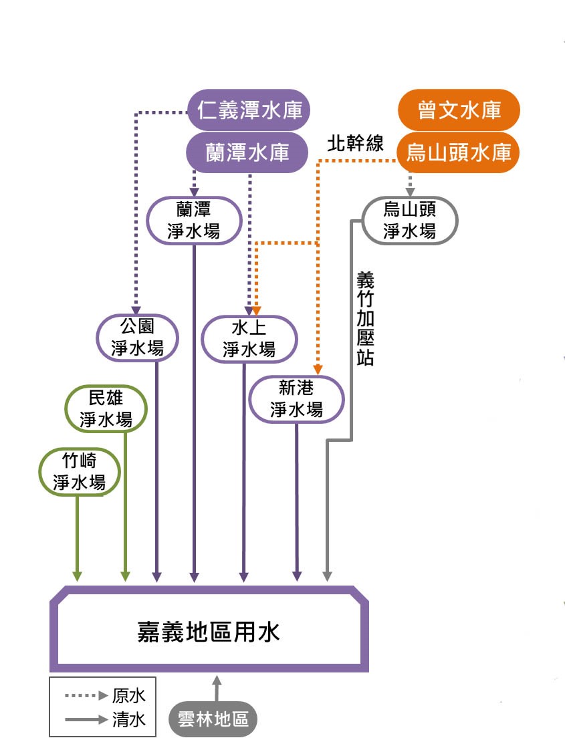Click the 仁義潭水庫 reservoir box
(249, 110)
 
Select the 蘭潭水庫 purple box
(246, 152)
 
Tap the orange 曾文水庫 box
(459, 110)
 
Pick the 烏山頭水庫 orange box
(459, 152)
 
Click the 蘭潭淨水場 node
(194, 220)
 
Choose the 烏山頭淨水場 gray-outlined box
(409, 220)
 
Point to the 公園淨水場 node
(137, 337)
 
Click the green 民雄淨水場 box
(106, 408)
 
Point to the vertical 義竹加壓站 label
(365, 318)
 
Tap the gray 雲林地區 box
(213, 719)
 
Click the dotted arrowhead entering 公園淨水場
(136, 309)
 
